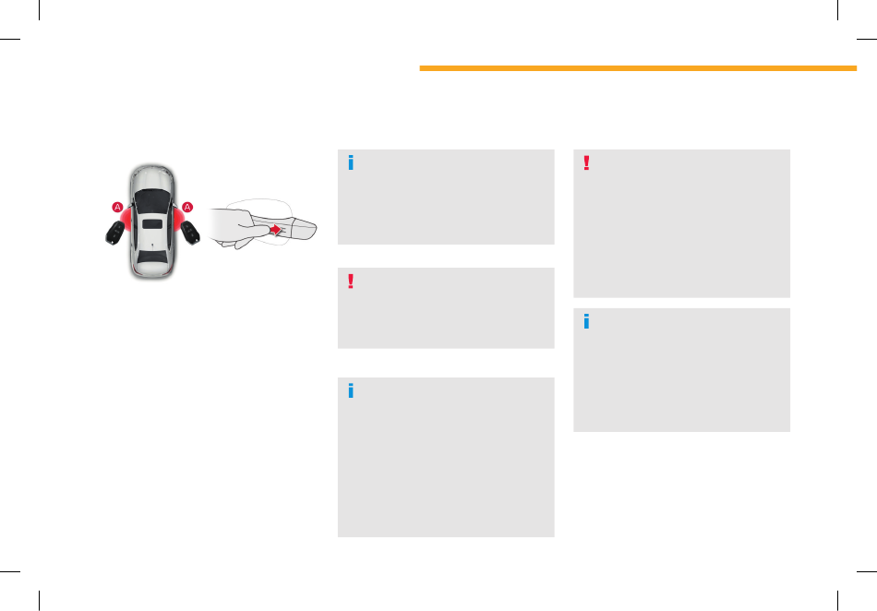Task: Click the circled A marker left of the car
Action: point(117,208)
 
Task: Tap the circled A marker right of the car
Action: point(187,208)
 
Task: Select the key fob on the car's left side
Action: point(115,233)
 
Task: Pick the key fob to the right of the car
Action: point(190,232)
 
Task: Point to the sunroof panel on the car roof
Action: point(152,224)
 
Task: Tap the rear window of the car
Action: point(152,258)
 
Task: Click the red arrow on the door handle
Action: point(276,230)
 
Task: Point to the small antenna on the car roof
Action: point(152,245)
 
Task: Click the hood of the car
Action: point(152,177)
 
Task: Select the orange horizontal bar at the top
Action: point(638,68)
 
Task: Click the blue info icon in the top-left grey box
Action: point(351,162)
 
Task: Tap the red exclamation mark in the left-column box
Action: point(351,282)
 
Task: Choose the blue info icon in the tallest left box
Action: point(351,390)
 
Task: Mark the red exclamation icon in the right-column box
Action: point(586,162)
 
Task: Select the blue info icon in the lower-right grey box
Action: point(586,321)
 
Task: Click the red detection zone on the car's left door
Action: point(127,219)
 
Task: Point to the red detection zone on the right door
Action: point(178,219)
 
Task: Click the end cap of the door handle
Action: point(305,229)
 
